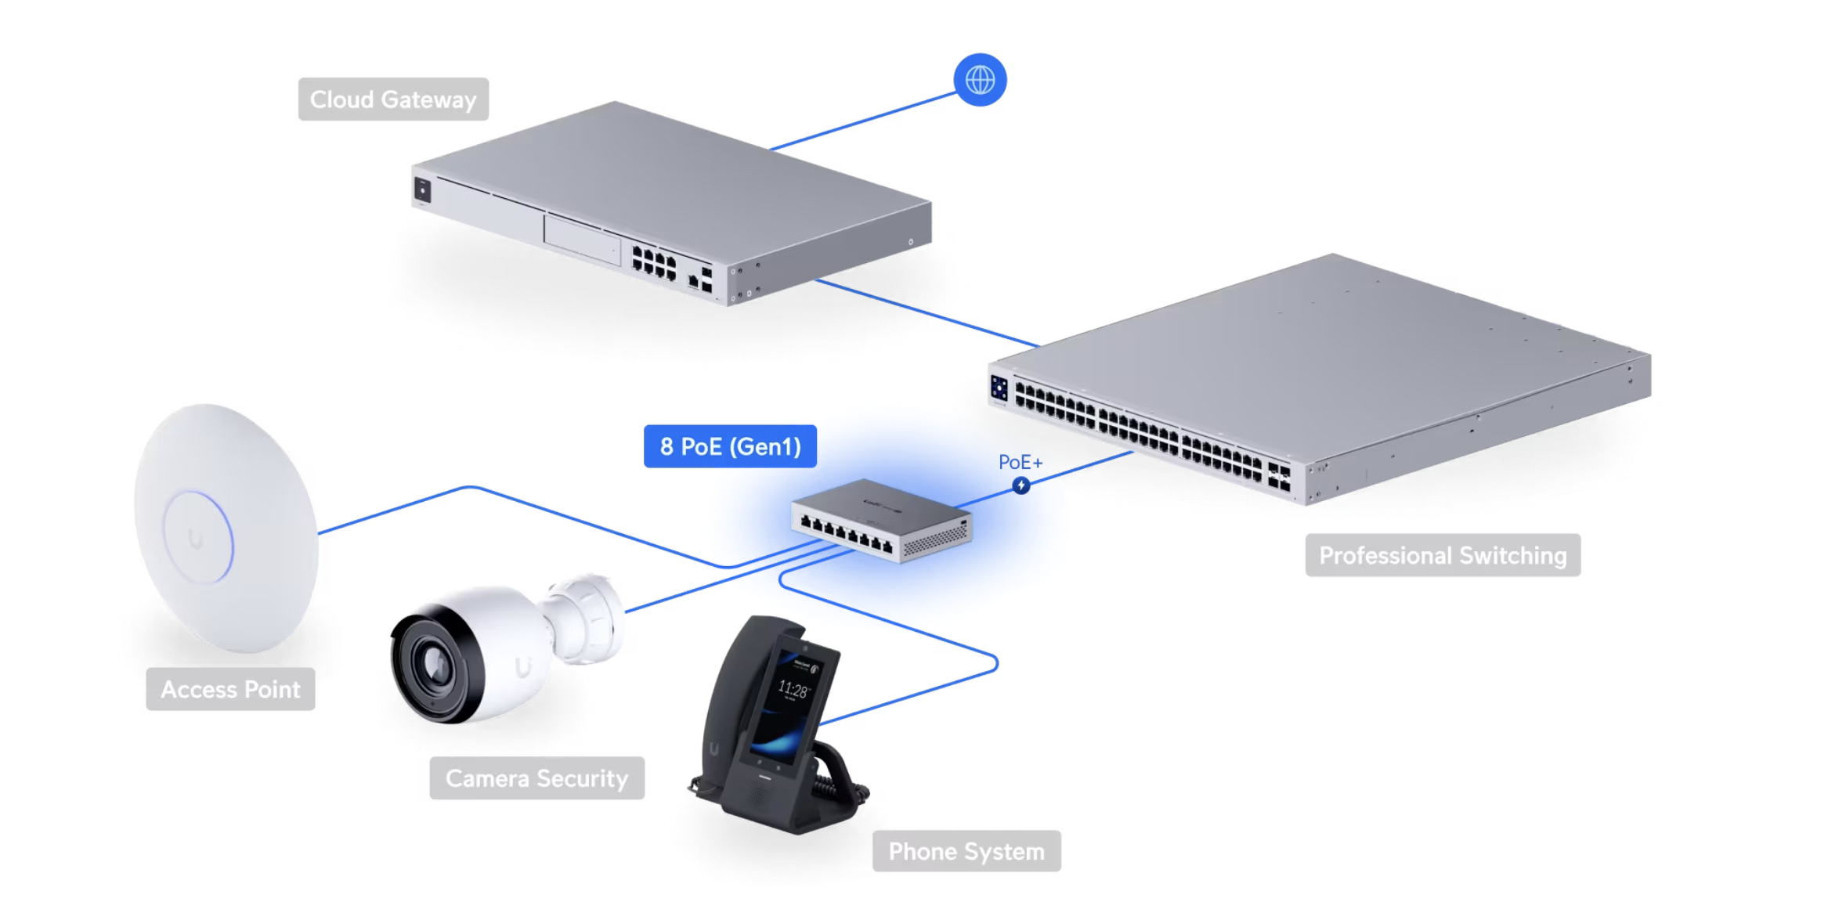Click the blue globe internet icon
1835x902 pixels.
pos(980,80)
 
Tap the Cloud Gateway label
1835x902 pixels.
pos(393,99)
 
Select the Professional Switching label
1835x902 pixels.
pos(1443,555)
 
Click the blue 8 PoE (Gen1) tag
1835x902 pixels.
pos(730,446)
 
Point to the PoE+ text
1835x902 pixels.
pos(1020,463)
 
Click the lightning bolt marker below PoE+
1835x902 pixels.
pos(1020,485)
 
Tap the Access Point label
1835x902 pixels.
pos(230,689)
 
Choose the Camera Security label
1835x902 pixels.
pos(537,778)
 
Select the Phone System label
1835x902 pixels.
pos(966,851)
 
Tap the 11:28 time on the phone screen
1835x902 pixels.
pos(793,690)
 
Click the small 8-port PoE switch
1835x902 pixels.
pos(882,521)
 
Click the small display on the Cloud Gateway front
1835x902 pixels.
pos(422,190)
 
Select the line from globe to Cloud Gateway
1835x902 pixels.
pos(863,121)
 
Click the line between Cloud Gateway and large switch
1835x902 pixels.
pos(928,312)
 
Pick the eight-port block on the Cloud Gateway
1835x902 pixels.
pos(653,262)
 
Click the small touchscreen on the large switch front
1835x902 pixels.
pos(999,388)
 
